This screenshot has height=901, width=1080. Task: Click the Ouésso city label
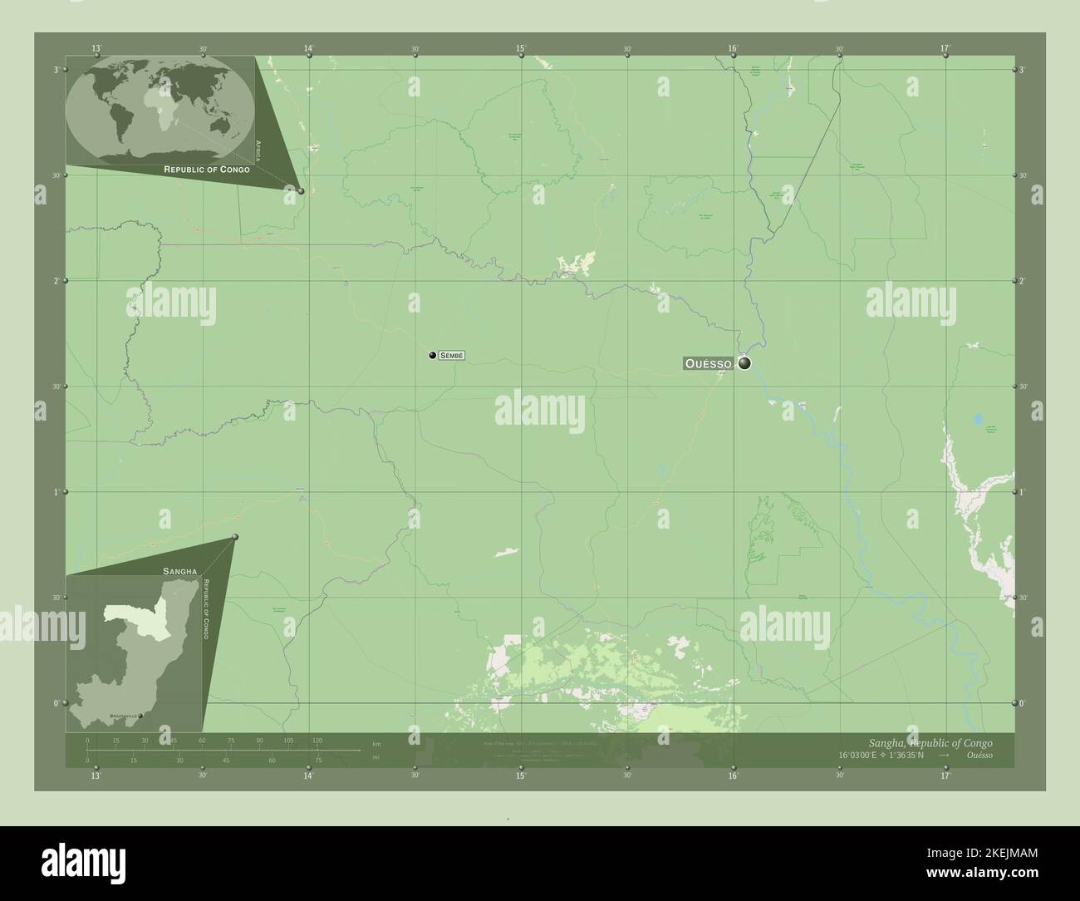[x=708, y=363]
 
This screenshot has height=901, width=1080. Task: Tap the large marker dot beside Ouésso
[x=744, y=363]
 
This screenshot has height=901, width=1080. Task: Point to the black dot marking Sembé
[x=432, y=356]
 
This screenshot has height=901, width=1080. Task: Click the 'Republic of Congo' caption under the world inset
[x=207, y=169]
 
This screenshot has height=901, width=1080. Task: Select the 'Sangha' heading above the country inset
[x=179, y=572]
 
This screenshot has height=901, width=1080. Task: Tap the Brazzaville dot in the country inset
[x=140, y=716]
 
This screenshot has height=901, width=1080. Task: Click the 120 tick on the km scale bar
[x=317, y=740]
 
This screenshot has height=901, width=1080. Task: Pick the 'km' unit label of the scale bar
[x=376, y=743]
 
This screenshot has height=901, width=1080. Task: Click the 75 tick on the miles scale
[x=317, y=760]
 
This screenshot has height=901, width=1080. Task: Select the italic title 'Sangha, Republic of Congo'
[x=924, y=742]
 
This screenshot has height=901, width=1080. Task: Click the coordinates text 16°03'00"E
[x=867, y=756]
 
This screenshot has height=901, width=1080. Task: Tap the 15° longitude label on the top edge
[x=521, y=49]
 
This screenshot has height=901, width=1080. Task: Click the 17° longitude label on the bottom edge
[x=945, y=776]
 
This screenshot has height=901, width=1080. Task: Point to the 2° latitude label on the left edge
[x=56, y=281]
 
